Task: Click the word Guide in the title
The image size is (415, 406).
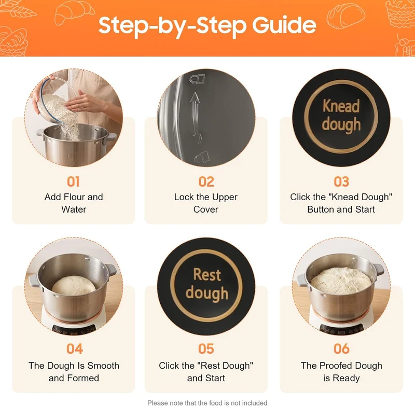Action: pos(284,25)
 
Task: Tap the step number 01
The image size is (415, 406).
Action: pos(73,181)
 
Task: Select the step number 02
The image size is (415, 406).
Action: pos(206,181)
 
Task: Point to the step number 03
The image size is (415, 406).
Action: pos(341,181)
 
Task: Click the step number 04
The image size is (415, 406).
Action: pos(74,348)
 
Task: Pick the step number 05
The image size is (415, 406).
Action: pos(206,348)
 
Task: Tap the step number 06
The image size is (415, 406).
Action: pos(341,348)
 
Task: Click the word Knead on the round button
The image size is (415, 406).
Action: pos(341,106)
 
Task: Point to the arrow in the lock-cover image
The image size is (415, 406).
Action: pos(196,118)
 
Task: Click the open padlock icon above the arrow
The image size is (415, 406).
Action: pos(197,79)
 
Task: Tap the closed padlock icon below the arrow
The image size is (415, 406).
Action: pos(202,157)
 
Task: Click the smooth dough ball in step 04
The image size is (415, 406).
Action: pos(74,286)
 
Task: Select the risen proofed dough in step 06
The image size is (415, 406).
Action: pos(341,281)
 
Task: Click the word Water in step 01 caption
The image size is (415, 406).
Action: pos(74,209)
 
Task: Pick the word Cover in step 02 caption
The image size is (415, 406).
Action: pos(206,209)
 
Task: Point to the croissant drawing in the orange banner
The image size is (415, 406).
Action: pos(75,13)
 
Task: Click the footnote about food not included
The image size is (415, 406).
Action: pos(207,403)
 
